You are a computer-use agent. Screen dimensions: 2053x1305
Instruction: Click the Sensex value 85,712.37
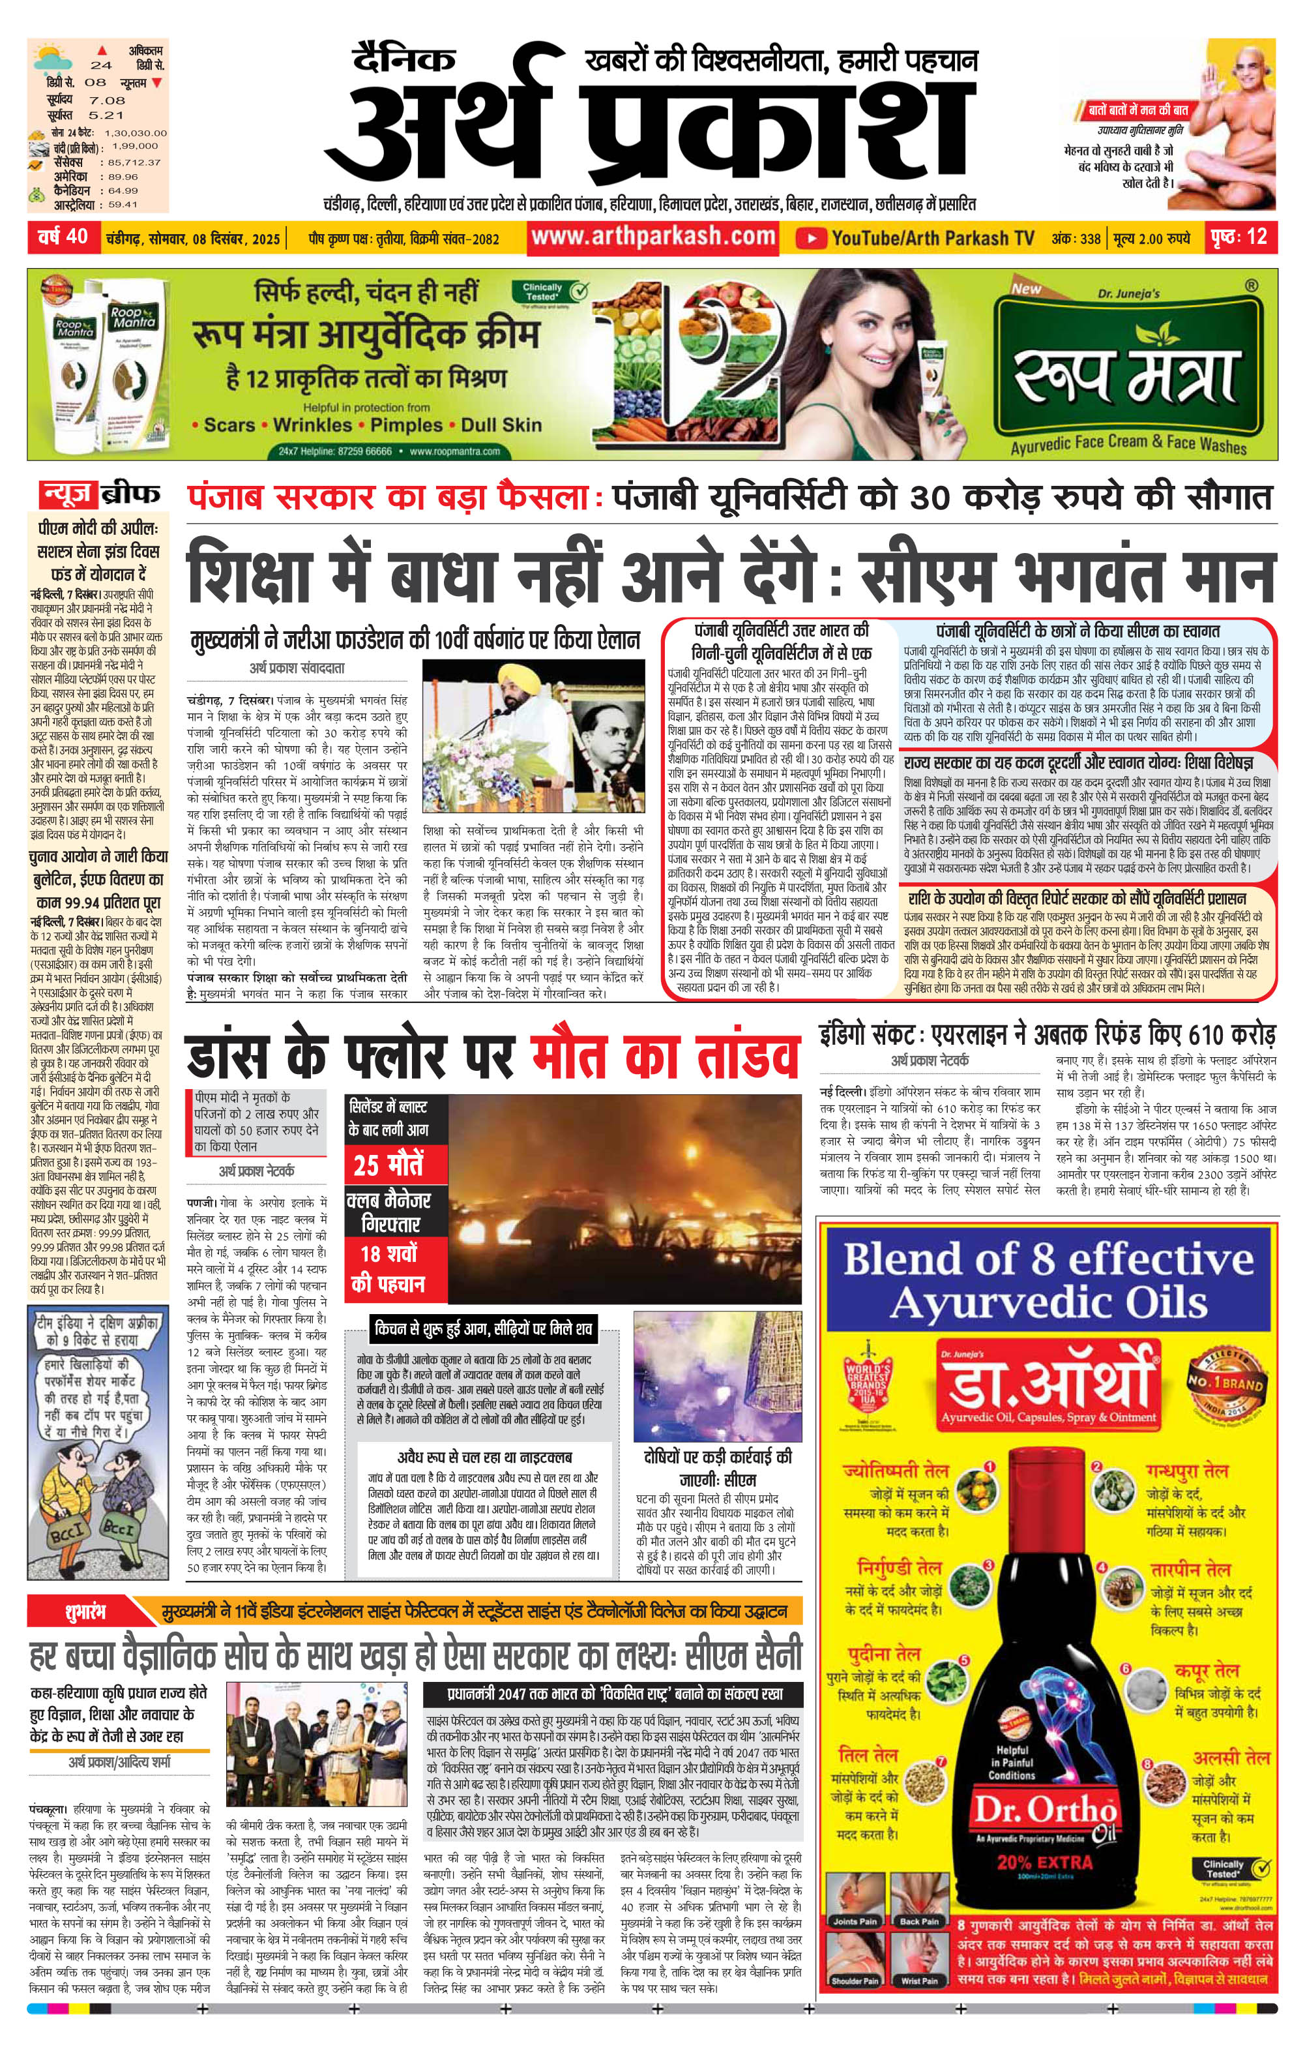pyautogui.click(x=134, y=162)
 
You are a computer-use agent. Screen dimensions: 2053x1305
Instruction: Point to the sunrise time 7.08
pyautogui.click(x=106, y=100)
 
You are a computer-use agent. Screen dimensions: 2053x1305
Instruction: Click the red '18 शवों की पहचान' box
pyautogui.click(x=388, y=1268)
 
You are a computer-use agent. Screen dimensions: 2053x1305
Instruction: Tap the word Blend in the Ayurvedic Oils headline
pyautogui.click(x=913, y=1259)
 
